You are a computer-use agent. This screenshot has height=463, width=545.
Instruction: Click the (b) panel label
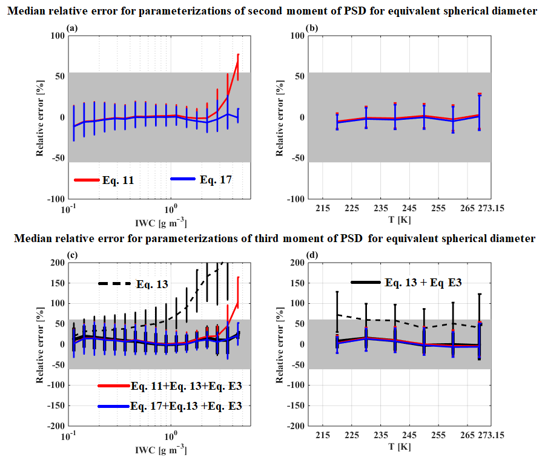tap(314, 28)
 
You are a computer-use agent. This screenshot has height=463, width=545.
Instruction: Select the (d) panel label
tap(314, 255)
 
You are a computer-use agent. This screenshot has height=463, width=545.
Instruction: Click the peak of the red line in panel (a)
tap(238, 54)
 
